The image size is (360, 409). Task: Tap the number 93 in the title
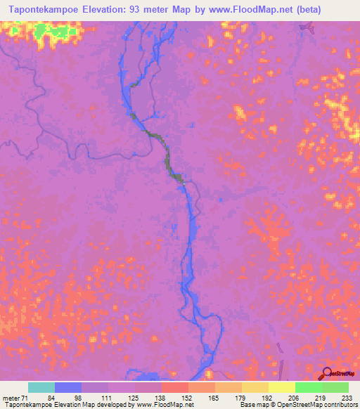(x=144, y=10)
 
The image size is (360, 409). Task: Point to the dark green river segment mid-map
(x=169, y=159)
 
